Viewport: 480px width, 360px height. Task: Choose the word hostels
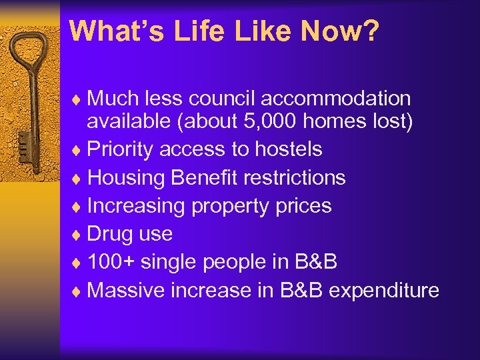tap(289, 149)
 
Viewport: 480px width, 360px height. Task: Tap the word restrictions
tap(295, 177)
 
